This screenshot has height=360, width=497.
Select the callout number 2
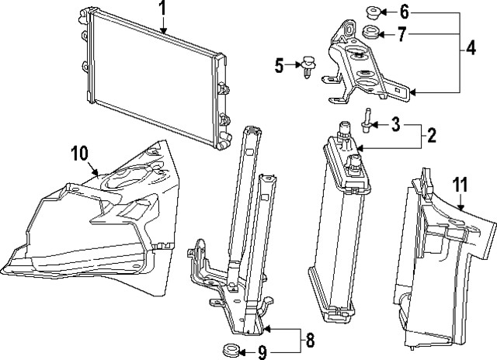[431, 136]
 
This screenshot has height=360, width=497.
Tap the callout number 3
[395, 123]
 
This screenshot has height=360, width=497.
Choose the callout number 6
[403, 12]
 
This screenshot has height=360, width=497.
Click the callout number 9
[262, 351]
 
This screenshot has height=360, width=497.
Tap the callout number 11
[460, 185]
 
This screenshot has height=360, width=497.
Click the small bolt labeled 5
[308, 66]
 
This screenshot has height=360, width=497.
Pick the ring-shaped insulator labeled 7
[370, 33]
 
